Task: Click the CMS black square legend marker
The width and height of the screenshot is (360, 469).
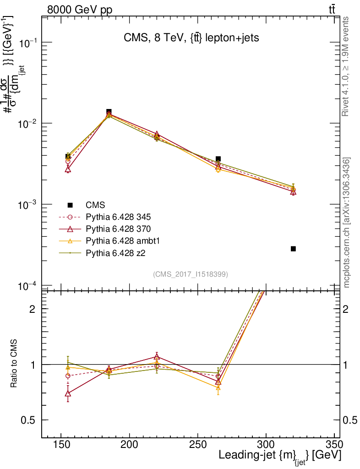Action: pyautogui.click(x=70, y=205)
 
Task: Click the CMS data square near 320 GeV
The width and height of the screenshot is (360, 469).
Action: pyautogui.click(x=293, y=249)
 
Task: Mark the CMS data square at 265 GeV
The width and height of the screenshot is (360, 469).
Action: pyautogui.click(x=218, y=159)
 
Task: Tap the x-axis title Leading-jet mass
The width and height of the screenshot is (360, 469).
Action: pyautogui.click(x=280, y=456)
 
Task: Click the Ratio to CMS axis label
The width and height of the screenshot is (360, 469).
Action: pyautogui.click(x=14, y=365)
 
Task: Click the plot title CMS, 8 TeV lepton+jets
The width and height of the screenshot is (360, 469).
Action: pyautogui.click(x=191, y=38)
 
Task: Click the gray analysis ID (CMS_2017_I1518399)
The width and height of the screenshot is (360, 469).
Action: pyautogui.click(x=191, y=274)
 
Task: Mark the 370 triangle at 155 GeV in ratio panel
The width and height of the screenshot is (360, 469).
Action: pyautogui.click(x=68, y=393)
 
